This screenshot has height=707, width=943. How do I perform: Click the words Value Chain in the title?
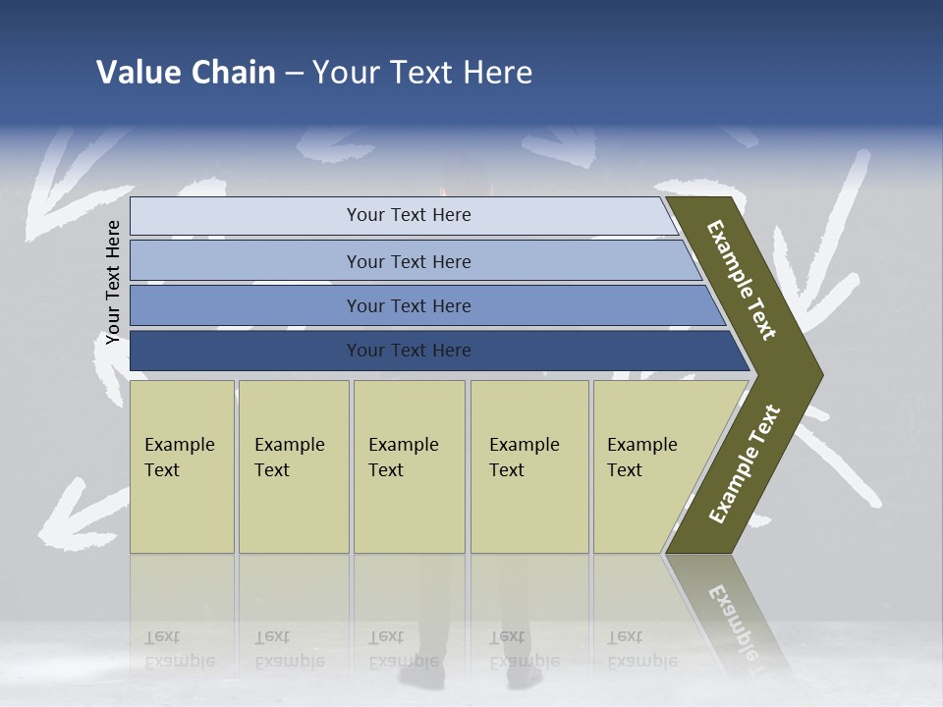pos(186,73)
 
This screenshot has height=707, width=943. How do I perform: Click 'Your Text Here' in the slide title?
pos(422,73)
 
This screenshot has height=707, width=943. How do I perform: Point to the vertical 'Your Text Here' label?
pos(113,282)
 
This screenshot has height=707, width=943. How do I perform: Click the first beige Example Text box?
pos(182,466)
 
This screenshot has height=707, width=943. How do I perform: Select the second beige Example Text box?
pos(294,466)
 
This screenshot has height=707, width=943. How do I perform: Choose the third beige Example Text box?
pos(409,466)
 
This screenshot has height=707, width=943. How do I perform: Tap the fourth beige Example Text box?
pos(529,466)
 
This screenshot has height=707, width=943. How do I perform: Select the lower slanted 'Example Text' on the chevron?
pos(745,464)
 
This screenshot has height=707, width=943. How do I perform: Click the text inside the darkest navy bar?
pos(409,351)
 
